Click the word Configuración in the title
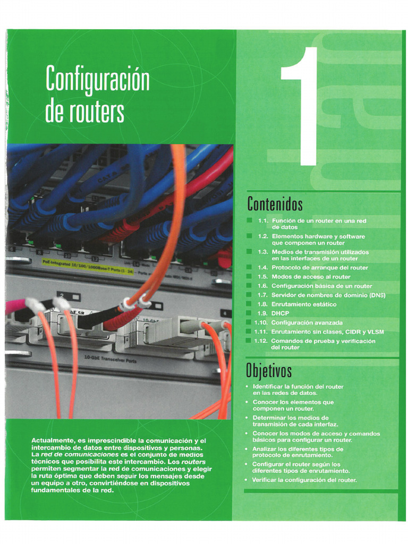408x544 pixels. pos(98,79)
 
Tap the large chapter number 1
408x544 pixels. pos(301,106)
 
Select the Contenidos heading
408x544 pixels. pos(275,203)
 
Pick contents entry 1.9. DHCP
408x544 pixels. pos(280,313)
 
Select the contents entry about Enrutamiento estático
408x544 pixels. pos(303,304)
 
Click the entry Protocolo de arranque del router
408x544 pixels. pos(319,268)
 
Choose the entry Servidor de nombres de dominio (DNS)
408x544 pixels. pos(328,295)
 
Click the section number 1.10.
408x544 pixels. pos(261,322)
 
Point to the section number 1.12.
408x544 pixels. pos(261,341)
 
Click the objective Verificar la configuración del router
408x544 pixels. pos(304,480)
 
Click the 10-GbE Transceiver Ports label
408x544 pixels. pos(110,360)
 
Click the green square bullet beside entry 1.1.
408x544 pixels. pos(249,220)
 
